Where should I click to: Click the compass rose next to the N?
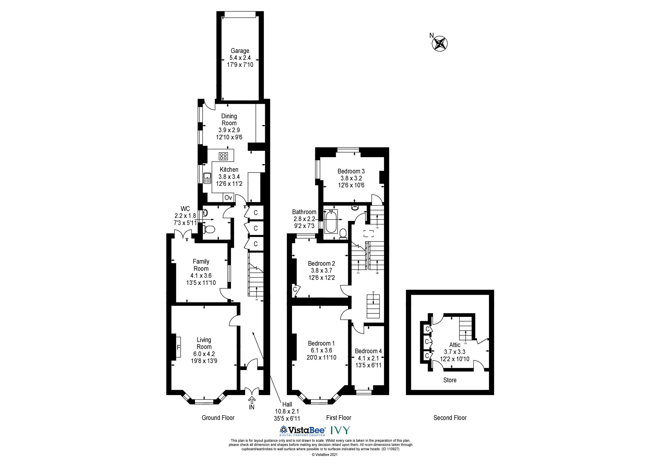[440, 44]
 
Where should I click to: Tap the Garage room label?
[240, 51]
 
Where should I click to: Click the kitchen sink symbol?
[207, 178]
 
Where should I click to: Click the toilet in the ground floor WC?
[209, 229]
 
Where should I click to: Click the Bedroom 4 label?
[368, 351]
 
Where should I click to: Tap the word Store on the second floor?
[450, 380]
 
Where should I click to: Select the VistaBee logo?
[303, 430]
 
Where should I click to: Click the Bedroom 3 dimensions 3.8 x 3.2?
[351, 178]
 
